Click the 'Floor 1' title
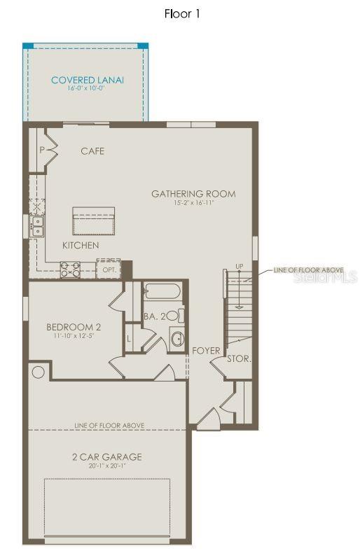[182, 13]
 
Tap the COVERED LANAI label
[88, 80]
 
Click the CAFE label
[92, 150]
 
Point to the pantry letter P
[42, 150]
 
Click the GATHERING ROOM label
[193, 194]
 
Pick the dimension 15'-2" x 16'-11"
[193, 203]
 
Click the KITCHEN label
[81, 246]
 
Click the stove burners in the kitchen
[70, 269]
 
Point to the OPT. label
[109, 269]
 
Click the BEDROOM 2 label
[74, 327]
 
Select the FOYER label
[207, 351]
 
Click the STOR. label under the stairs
[239, 358]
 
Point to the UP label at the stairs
[240, 267]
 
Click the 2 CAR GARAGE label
[106, 457]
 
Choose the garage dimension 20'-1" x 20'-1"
[106, 466]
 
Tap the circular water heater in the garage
[39, 372]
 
